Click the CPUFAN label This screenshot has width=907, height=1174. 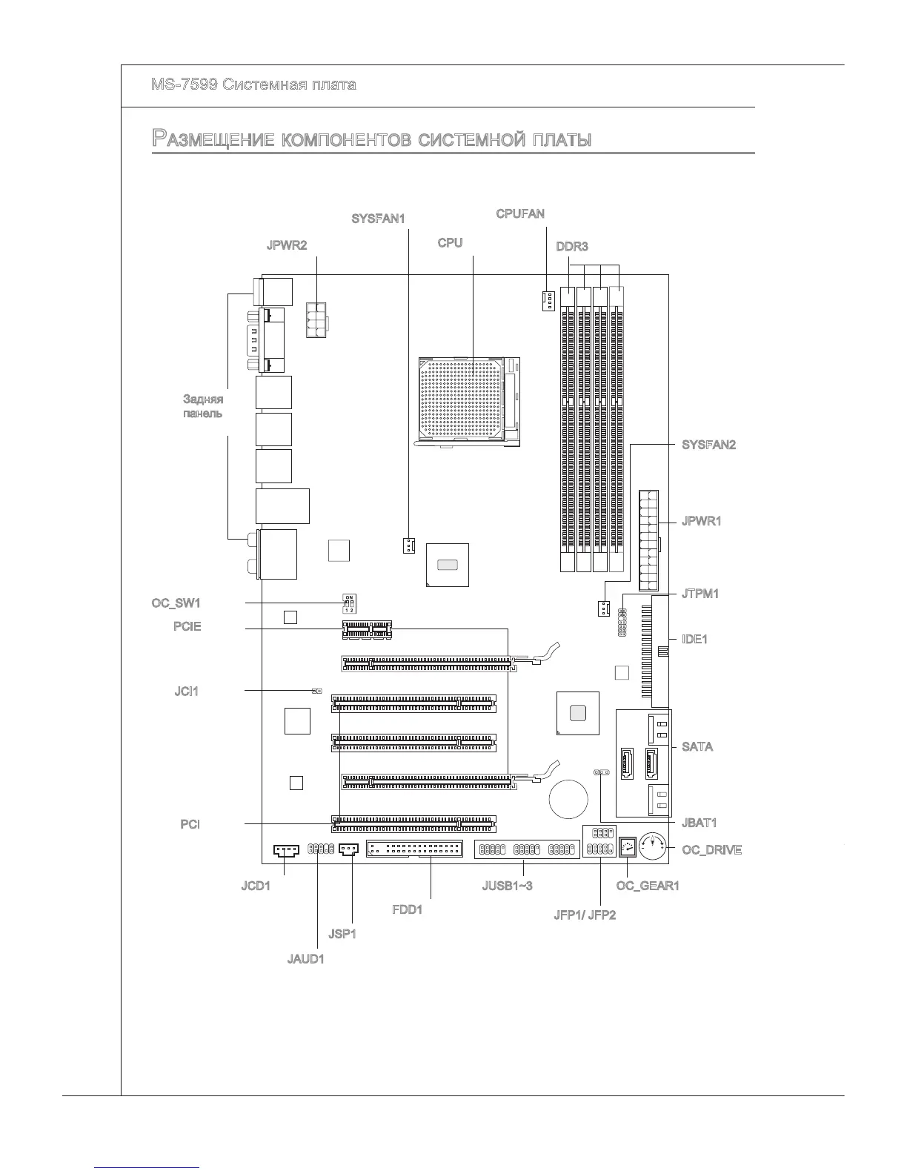pos(520,214)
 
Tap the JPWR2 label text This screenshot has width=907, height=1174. pos(287,245)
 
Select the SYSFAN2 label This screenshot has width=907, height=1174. pos(708,445)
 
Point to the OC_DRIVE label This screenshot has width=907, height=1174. pos(711,850)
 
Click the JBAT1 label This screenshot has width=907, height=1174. pos(700,823)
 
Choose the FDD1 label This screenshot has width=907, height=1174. pos(407,909)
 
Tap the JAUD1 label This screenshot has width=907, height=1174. pos(305,959)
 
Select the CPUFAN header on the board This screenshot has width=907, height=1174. pos(547,301)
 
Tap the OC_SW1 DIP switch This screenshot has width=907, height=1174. pos(349,604)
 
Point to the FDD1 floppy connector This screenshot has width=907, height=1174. pos(414,849)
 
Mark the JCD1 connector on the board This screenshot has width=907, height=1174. pos(285,849)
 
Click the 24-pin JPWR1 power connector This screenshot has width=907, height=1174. pos(648,539)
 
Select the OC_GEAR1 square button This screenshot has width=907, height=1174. pos(628,846)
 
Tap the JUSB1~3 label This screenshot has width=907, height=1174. pos(507,886)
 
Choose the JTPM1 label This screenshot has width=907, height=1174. pos(700,594)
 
